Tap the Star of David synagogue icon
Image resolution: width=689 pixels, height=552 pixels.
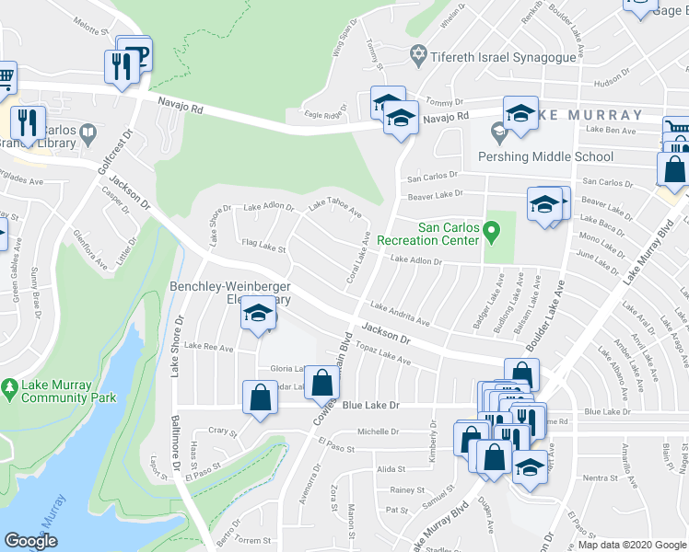[418, 56]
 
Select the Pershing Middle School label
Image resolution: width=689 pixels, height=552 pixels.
[545, 156]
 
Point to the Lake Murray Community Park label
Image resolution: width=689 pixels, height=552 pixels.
[70, 392]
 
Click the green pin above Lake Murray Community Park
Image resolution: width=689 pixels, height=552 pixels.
[9, 389]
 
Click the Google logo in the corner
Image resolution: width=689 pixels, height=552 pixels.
[31, 540]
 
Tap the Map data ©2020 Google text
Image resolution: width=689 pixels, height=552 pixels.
[631, 545]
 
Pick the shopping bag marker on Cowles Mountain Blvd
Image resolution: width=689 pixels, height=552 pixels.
[322, 382]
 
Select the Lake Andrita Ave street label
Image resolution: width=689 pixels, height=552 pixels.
[400, 315]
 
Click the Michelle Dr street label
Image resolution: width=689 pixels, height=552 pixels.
[378, 431]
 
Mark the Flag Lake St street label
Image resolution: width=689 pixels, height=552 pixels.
[263, 247]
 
